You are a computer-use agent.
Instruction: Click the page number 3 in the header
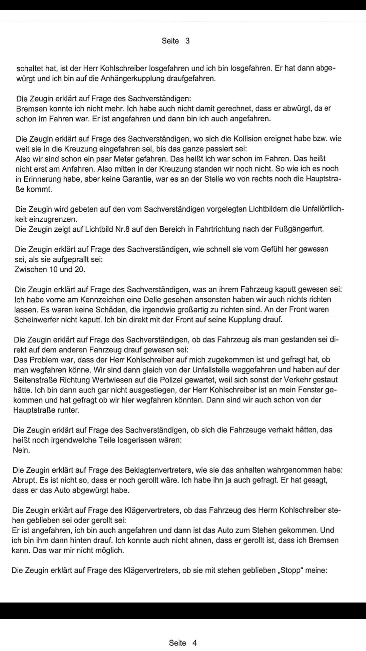point(187,41)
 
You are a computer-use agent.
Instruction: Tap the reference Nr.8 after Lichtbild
point(122,229)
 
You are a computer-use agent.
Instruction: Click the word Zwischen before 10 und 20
point(30,270)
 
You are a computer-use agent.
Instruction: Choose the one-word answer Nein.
point(21,450)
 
